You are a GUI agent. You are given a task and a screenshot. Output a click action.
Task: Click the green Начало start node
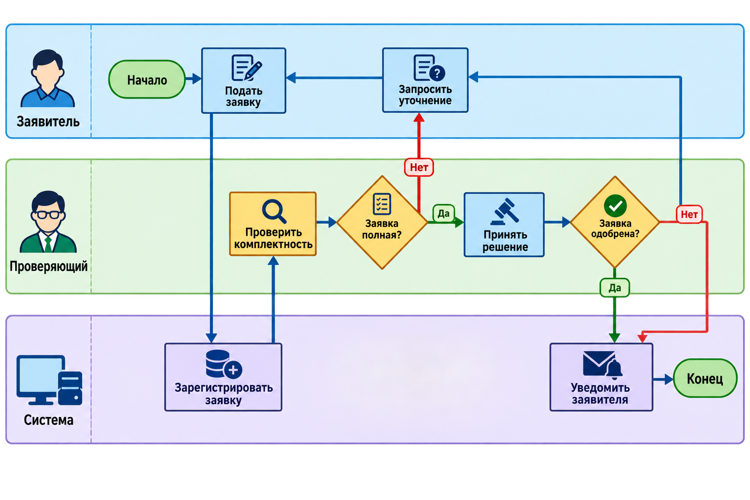147,80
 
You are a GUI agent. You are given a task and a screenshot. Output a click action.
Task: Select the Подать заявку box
244,81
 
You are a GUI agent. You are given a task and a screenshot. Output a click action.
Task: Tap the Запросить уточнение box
425,80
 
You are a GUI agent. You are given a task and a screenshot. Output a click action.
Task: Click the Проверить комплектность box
273,224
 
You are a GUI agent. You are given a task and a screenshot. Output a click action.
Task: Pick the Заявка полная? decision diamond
382,222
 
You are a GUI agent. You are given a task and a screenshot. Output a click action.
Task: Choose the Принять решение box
504,225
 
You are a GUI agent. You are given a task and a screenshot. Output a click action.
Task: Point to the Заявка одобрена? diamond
615,222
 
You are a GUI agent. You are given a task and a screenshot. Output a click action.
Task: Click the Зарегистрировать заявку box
223,377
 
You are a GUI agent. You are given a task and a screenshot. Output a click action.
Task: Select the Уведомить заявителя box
602,377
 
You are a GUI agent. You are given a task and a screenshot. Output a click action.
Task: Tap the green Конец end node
705,378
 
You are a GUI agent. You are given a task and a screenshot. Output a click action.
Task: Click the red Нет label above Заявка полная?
419,167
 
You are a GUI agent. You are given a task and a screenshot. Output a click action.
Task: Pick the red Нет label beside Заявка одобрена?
689,214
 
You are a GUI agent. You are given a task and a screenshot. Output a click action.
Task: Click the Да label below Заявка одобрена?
615,287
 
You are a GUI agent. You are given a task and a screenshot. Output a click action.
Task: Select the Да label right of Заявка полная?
444,213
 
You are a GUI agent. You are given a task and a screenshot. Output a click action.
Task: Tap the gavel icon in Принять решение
504,211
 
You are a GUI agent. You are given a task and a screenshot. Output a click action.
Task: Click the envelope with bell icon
602,365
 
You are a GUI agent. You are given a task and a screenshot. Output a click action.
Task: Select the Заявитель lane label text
48,122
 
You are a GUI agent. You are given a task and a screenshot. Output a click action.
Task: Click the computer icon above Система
49,380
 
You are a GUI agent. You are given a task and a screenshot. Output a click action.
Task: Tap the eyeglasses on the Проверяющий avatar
48,215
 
